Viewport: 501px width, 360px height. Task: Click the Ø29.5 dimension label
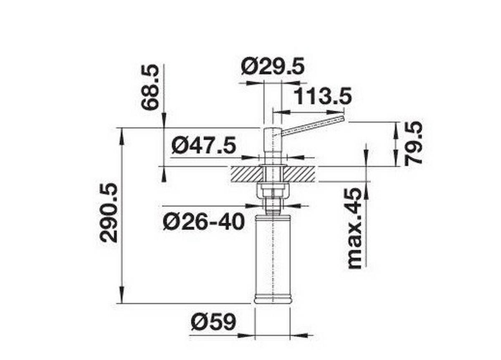[273, 67]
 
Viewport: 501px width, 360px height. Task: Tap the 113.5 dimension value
[322, 97]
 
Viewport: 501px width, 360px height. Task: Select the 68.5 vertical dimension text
[150, 87]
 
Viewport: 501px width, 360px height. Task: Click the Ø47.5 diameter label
[204, 146]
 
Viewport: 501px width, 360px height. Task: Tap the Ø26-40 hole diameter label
[203, 222]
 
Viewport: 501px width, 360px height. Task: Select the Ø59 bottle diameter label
[213, 322]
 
